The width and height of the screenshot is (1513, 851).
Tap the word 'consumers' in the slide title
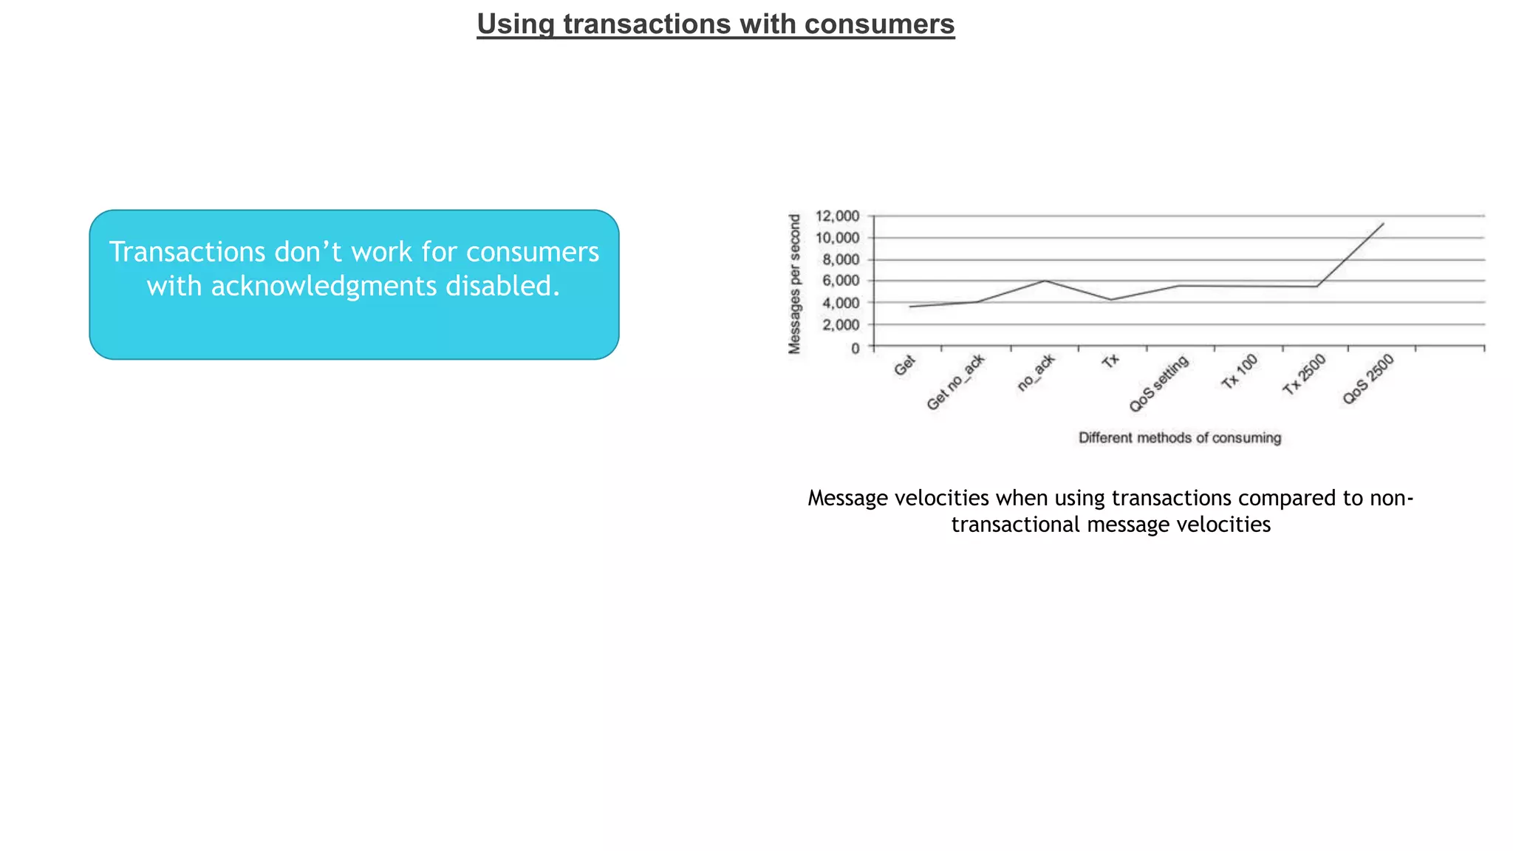[x=879, y=24]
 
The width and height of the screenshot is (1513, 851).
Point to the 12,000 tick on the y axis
[x=837, y=216]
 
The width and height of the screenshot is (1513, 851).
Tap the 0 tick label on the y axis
[x=855, y=347]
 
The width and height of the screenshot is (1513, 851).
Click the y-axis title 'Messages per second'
[x=795, y=284]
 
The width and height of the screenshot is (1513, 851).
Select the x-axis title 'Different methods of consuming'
[x=1180, y=438]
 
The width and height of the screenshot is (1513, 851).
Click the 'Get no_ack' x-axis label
[x=955, y=383]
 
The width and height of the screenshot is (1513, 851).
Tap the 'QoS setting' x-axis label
[x=1158, y=384]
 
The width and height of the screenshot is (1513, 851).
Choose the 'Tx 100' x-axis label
[x=1239, y=372]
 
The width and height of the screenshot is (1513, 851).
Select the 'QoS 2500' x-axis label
[x=1367, y=379]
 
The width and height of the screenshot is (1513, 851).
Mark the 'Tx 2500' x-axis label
[x=1304, y=375]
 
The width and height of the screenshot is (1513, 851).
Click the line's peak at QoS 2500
[x=1383, y=223]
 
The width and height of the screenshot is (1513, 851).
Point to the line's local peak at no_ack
[x=1045, y=281]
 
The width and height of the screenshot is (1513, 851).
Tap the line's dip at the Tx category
[x=1111, y=300]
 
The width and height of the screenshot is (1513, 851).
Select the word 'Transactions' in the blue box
[x=188, y=252]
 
